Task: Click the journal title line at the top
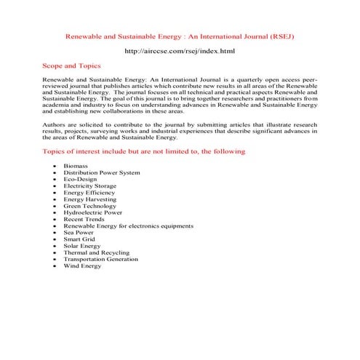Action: [x=180, y=35]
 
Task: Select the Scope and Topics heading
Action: [x=73, y=66]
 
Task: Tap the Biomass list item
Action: [x=76, y=167]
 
